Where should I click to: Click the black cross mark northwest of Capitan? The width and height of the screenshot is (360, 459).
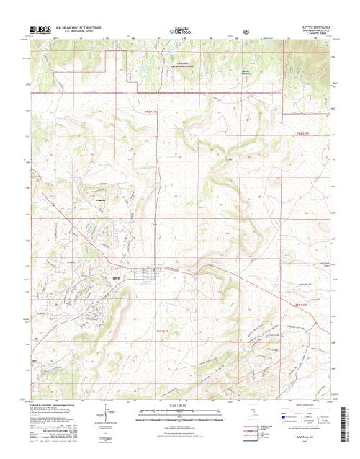click(130, 158)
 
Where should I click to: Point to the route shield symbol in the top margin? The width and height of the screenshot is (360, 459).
click(247, 32)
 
